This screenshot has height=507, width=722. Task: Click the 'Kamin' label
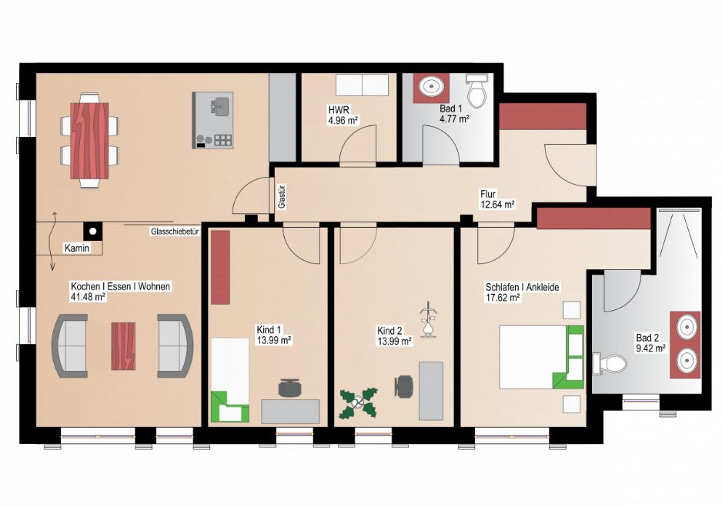[77, 248]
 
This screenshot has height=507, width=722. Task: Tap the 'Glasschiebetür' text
[175, 232]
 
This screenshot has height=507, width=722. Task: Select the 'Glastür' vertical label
[282, 198]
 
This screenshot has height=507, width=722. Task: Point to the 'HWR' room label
[339, 110]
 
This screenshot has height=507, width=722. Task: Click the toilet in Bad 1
[477, 90]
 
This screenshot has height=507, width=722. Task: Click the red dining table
[89, 140]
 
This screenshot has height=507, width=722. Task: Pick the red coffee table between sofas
[123, 346]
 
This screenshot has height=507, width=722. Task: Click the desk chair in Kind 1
[289, 387]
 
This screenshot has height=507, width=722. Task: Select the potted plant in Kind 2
[358, 403]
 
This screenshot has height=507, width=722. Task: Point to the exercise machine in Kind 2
[428, 320]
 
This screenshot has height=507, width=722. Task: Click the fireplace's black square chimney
[93, 231]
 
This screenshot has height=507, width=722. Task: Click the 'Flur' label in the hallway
[488, 194]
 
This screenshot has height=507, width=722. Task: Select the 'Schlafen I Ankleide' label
[523, 287]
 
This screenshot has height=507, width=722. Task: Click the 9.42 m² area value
[650, 349]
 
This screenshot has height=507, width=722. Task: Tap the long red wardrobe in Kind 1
[221, 267]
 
